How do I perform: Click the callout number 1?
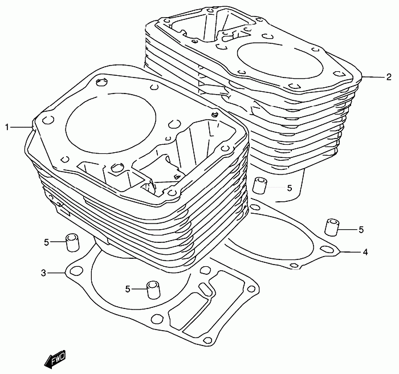pos(7,127)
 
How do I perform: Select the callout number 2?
pos(388,77)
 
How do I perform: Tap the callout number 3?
pos(43,273)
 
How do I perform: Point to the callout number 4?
pos(365,253)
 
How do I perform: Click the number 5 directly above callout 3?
pos(46,242)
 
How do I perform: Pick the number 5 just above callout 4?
pos(361,230)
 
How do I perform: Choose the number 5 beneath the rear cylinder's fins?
pos(290,188)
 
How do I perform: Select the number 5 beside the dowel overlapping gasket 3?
pos(128,288)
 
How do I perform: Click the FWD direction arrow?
pos(55,359)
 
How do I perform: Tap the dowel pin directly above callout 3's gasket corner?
pos(72,243)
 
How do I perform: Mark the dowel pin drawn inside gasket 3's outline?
pos(153,290)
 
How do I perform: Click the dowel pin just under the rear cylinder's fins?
pos(259,186)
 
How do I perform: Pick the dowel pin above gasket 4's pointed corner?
pos(332,227)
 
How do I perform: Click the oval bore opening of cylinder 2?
pos(280,61)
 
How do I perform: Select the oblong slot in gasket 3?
pos(206,289)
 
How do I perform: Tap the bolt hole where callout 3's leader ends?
pos(75,271)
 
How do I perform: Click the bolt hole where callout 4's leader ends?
pos(326,249)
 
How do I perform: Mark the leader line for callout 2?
pos(373,77)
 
